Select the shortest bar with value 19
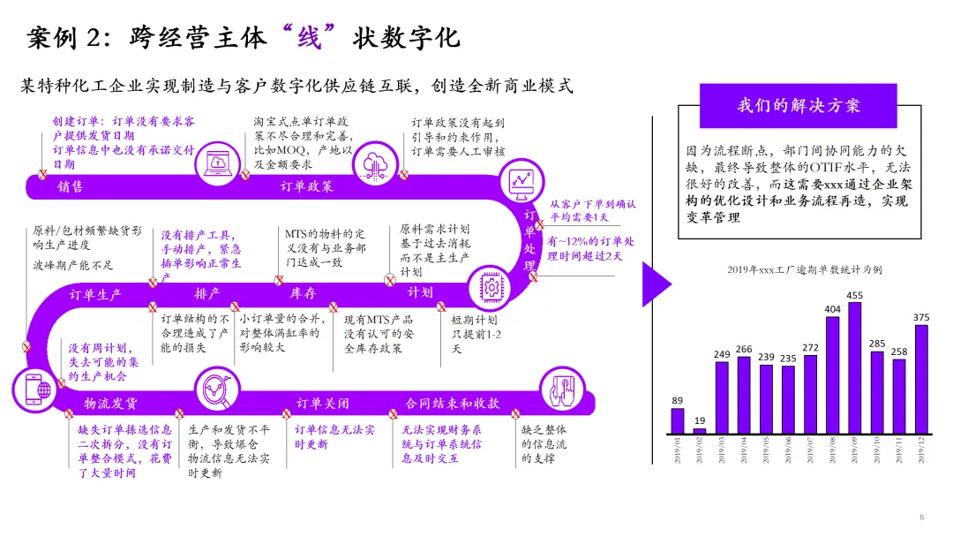point(700,432)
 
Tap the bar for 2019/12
point(921,380)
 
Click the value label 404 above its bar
point(832,309)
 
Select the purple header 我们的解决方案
point(798,106)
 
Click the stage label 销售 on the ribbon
point(71,186)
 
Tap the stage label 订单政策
point(306,186)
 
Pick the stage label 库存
point(303,294)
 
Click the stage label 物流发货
point(110,404)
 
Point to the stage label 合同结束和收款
point(452,404)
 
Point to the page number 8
point(921,517)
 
